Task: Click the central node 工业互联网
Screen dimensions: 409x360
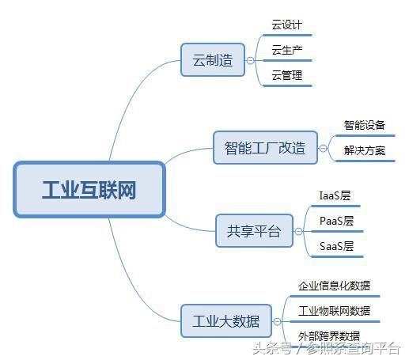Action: (x=89, y=189)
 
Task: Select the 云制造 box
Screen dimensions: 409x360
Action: (x=213, y=60)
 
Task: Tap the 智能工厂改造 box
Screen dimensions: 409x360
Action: (x=265, y=148)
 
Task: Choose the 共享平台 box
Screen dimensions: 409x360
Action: (x=254, y=231)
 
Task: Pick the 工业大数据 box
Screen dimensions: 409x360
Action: (x=226, y=321)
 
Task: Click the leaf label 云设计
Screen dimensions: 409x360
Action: (x=287, y=25)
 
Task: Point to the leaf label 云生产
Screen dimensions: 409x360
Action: (x=287, y=50)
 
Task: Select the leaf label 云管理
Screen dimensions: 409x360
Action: (x=287, y=75)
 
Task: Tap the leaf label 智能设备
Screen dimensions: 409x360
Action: (x=365, y=125)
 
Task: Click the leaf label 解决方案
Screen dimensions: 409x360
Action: (x=365, y=150)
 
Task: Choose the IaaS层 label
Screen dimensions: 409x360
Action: (x=335, y=195)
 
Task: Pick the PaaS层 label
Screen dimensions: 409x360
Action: (x=336, y=221)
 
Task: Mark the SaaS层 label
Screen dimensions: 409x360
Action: (x=336, y=246)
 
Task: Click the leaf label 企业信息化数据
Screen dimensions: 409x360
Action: (x=334, y=286)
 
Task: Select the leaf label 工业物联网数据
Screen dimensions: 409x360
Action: (x=334, y=311)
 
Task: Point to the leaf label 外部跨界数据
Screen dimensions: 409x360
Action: (x=329, y=336)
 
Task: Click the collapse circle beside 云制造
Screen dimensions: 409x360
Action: (x=250, y=60)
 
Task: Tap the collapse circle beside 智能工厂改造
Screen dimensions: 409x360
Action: (x=323, y=148)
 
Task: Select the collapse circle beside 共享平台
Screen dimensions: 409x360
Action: (x=298, y=231)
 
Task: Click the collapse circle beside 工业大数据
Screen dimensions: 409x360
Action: (x=277, y=321)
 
